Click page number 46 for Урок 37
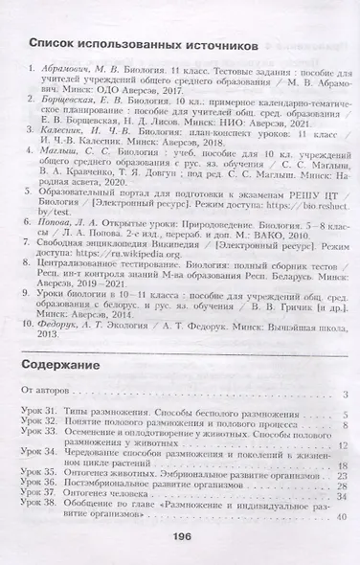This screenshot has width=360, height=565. tap(343, 499)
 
